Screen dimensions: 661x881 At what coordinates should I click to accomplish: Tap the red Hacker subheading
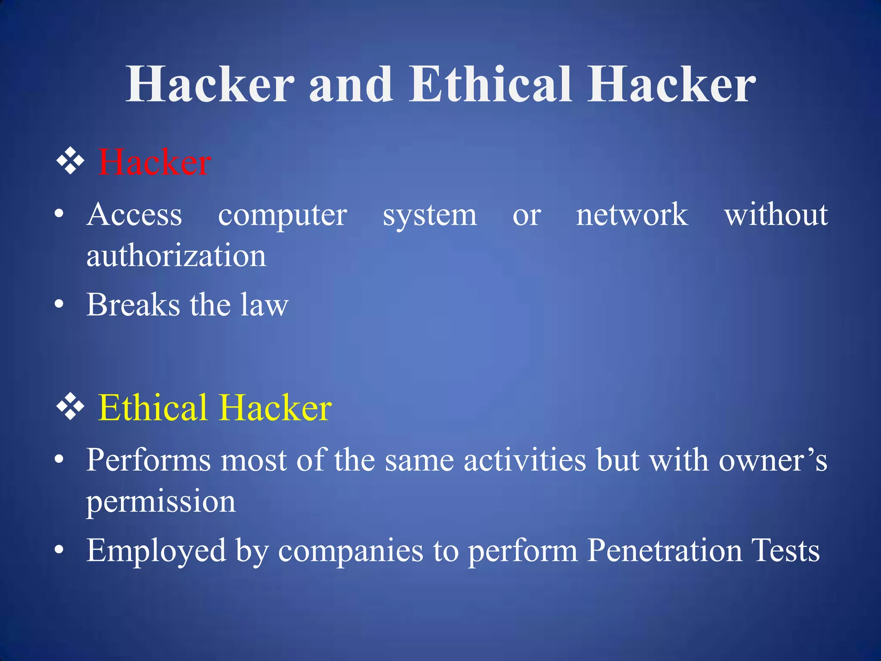[x=154, y=162]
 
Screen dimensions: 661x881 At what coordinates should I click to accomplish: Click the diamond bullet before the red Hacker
[x=70, y=161]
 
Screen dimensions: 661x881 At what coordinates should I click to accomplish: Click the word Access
[x=134, y=214]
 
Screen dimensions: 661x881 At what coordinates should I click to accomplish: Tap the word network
[x=631, y=214]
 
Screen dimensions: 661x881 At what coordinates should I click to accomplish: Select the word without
[x=776, y=214]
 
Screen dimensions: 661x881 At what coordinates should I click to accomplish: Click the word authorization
[x=176, y=256]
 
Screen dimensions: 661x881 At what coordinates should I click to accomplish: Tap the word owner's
[x=773, y=460]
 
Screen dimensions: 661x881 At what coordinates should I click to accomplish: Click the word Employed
[x=156, y=551]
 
